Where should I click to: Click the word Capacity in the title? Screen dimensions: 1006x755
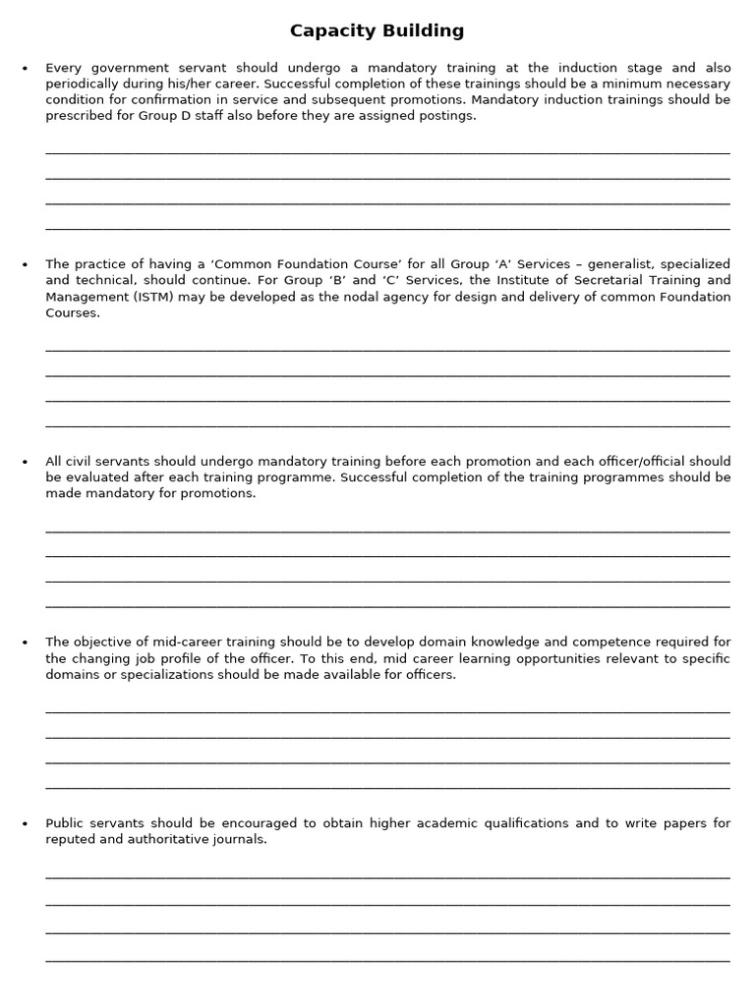(x=331, y=31)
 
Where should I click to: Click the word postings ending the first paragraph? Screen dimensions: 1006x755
(x=448, y=116)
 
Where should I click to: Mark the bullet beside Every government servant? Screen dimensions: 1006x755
(x=25, y=69)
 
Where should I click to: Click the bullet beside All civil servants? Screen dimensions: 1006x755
(x=25, y=462)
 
